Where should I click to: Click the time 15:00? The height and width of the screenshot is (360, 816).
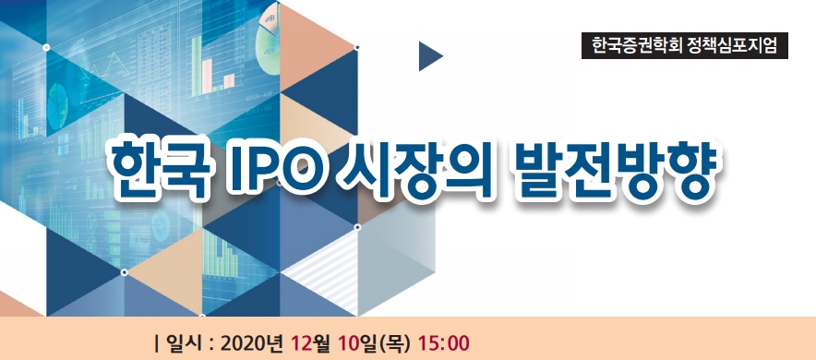tap(444, 343)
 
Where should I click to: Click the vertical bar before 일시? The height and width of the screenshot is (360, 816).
tap(158, 343)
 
